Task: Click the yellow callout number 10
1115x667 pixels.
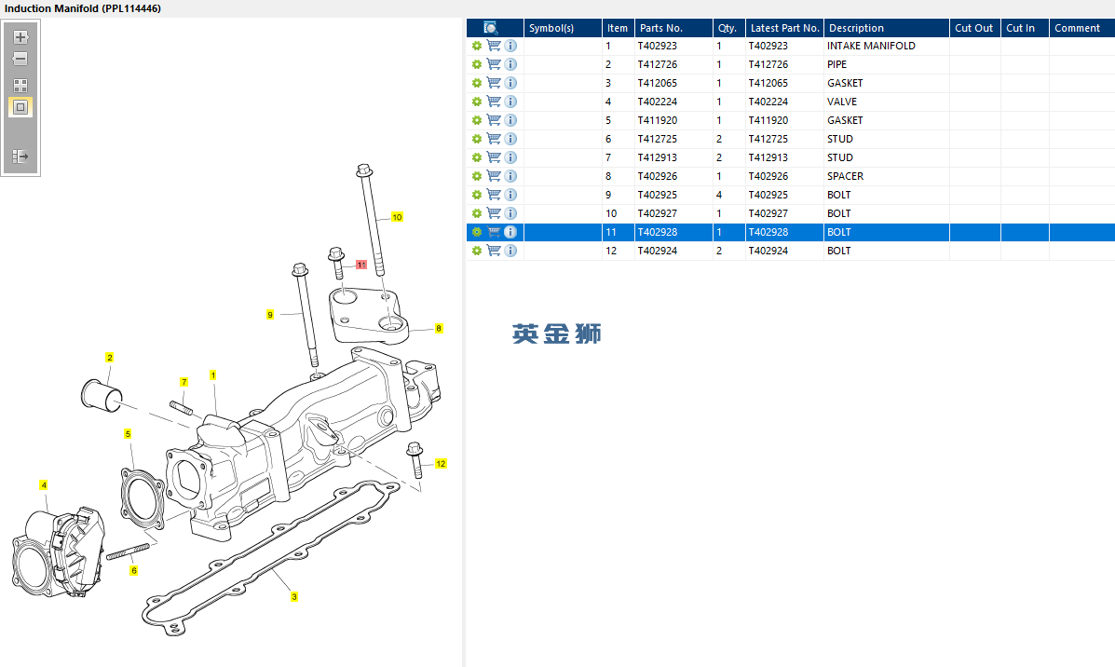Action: (x=397, y=217)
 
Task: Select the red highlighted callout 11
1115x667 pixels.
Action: (x=361, y=265)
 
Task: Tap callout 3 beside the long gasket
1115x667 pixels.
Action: (x=294, y=596)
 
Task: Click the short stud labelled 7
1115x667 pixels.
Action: (x=182, y=407)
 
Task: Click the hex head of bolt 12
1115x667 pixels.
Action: (x=415, y=449)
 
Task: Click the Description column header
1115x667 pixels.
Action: (x=856, y=28)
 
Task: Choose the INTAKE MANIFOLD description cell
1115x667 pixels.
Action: (x=871, y=46)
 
